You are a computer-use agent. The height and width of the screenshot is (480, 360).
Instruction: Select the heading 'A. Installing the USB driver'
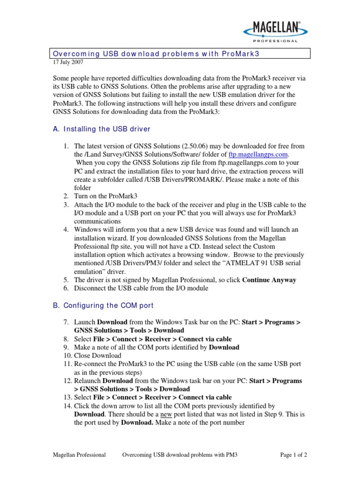click(x=102, y=129)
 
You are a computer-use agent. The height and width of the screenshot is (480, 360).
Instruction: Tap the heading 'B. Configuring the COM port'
click(x=103, y=305)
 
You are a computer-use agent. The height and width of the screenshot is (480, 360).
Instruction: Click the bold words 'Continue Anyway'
click(x=269, y=280)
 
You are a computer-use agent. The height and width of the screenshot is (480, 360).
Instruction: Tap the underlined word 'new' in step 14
click(x=166, y=414)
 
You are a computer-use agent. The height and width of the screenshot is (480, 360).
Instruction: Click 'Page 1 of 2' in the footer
click(x=293, y=454)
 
